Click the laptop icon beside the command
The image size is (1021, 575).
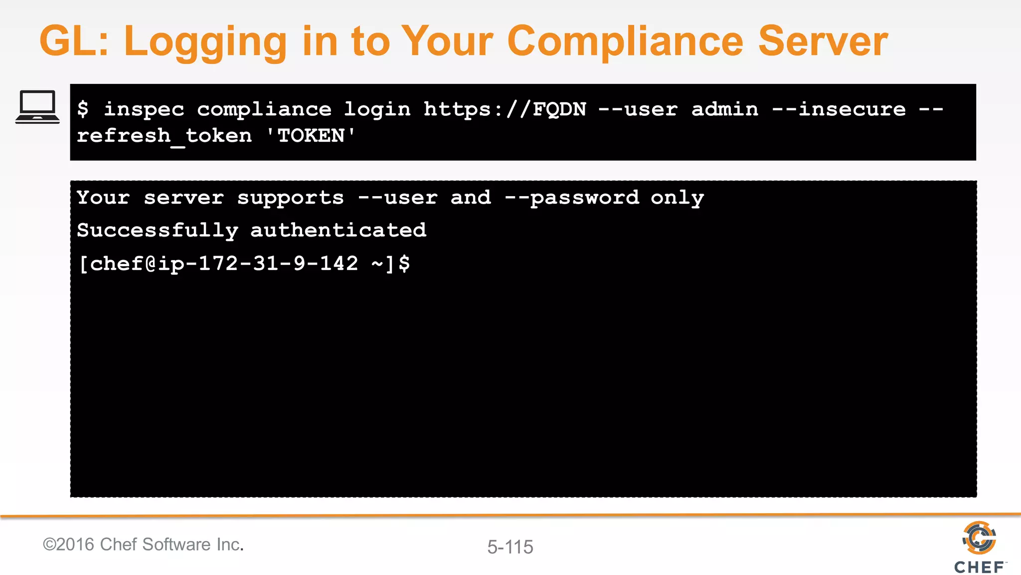click(37, 106)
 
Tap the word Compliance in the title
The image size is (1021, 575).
click(625, 42)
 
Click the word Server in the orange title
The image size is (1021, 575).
click(823, 42)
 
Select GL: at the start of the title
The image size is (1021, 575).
click(74, 42)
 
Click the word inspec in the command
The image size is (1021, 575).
click(144, 109)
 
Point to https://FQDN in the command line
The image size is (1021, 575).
click(505, 109)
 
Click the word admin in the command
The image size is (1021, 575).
click(724, 109)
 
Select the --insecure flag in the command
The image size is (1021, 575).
click(839, 109)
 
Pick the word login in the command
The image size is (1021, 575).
click(377, 109)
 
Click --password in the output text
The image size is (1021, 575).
click(572, 198)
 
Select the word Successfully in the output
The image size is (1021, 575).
click(158, 231)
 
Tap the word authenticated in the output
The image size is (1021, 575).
click(338, 231)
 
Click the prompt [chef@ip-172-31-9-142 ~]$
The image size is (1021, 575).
click(244, 264)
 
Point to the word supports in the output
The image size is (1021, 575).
click(291, 198)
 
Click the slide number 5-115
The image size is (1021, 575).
click(510, 547)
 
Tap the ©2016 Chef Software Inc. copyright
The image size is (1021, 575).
click(143, 545)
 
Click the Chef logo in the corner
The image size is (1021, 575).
click(979, 547)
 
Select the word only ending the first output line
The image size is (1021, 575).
click(677, 198)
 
